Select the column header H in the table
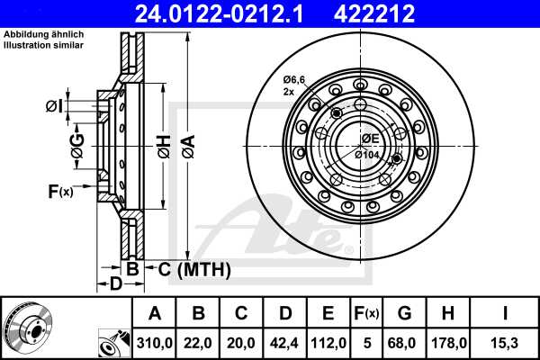click(x=448, y=313)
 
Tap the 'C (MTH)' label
click(x=194, y=269)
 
